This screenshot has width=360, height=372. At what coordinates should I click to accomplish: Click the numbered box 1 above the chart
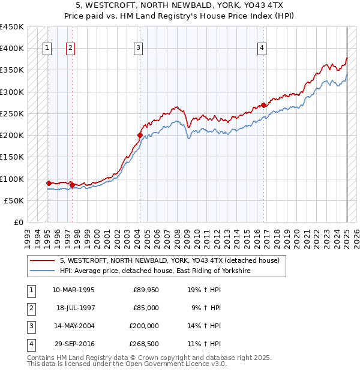(47, 49)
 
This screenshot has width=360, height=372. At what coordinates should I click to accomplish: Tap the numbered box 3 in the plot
(138, 49)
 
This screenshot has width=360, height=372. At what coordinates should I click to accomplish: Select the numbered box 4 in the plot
(262, 49)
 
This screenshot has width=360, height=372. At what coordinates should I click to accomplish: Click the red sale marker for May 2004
(140, 136)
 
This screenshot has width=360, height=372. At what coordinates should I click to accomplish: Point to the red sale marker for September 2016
(264, 105)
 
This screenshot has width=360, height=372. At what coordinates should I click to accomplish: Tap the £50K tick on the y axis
(13, 200)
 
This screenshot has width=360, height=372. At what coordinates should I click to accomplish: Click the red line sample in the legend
(42, 260)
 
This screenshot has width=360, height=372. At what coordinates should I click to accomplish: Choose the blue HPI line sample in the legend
(42, 271)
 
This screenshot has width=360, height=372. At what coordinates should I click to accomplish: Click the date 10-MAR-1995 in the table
(74, 289)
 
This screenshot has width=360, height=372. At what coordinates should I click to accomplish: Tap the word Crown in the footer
(155, 358)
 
